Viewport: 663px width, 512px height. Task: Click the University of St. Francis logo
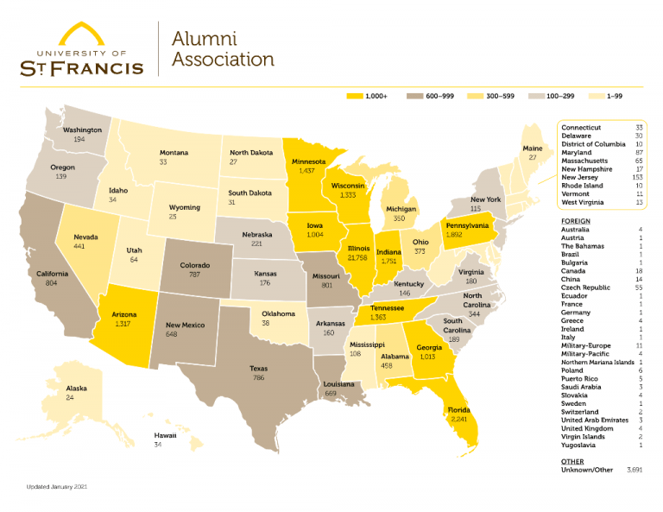[x=81, y=49]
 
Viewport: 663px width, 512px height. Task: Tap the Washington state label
[x=83, y=130]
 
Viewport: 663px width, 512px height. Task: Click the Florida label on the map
[x=458, y=410]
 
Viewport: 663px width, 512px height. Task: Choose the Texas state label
[x=258, y=369]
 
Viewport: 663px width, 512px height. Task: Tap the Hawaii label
[x=165, y=436]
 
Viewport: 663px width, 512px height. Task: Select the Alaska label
[x=76, y=389]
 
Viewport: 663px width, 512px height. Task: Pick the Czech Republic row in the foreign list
[x=587, y=288]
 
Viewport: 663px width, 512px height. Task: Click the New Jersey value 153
[x=638, y=177]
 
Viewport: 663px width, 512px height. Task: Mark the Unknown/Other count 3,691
[x=634, y=470]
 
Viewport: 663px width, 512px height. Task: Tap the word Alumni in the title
[x=204, y=39]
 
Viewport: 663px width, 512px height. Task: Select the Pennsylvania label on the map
[x=467, y=224]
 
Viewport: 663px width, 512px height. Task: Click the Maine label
[x=533, y=149]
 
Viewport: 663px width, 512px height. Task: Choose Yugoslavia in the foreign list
[x=582, y=445]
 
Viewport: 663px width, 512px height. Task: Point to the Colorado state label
[x=196, y=266]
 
